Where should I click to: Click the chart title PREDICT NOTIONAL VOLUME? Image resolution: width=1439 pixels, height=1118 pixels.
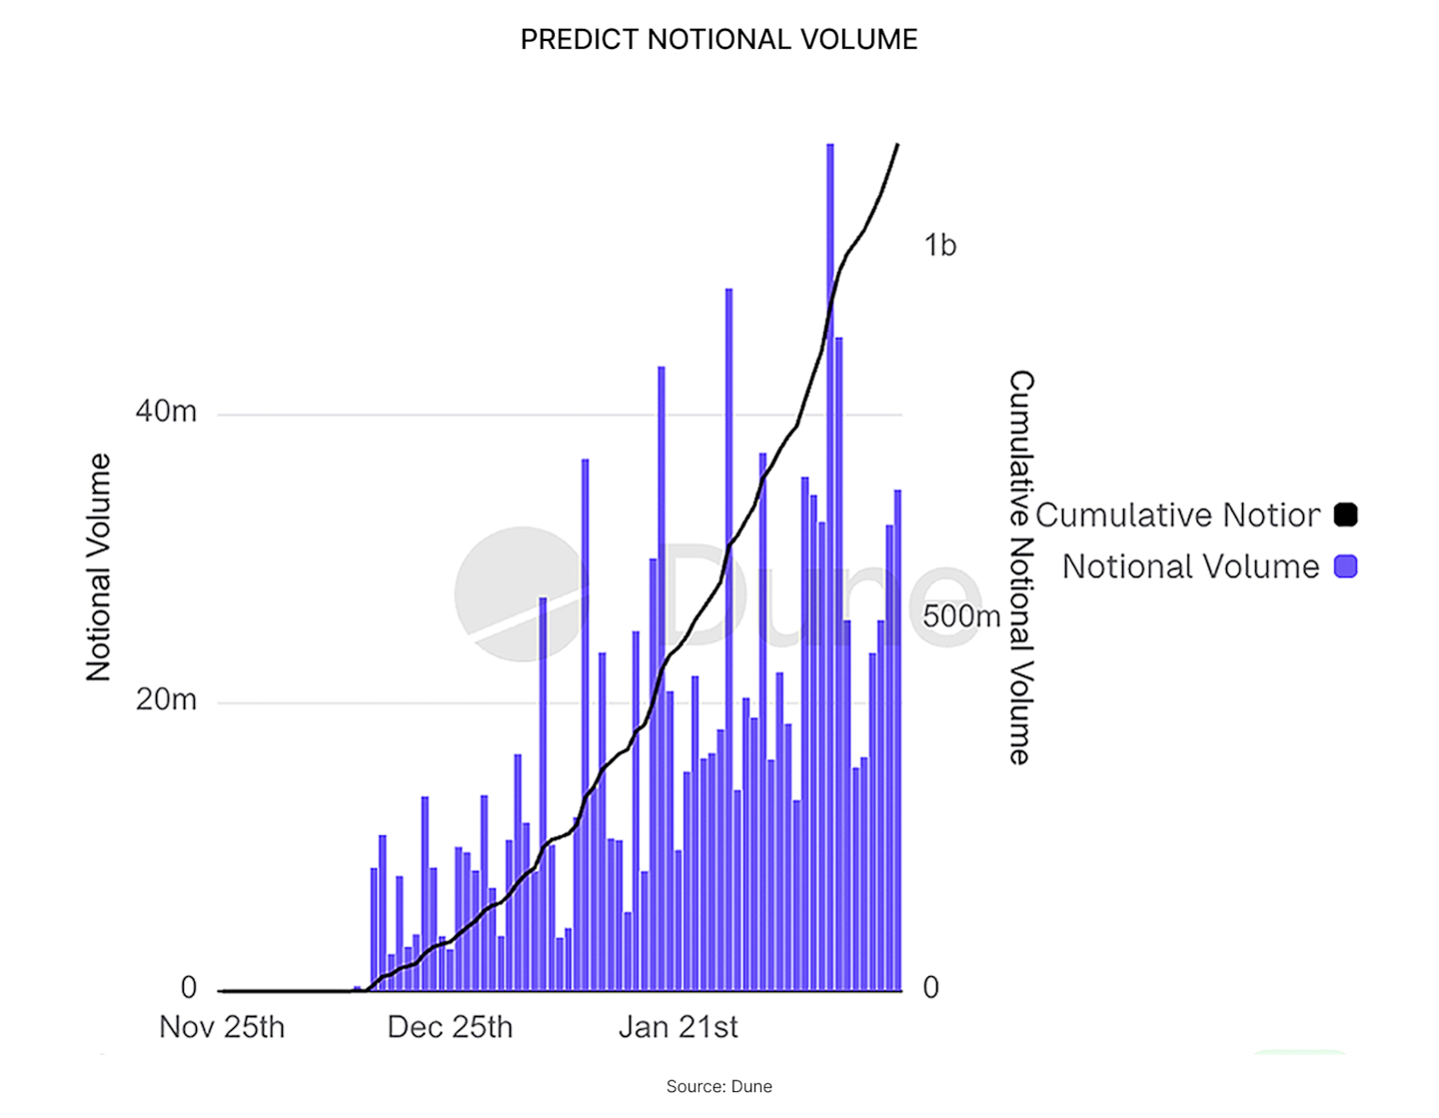tap(719, 39)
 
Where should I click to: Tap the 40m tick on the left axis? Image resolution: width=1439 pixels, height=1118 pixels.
tap(166, 412)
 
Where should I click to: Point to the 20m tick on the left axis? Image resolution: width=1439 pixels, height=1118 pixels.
tap(166, 700)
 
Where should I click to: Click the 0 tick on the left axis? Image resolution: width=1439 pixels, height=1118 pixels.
tap(188, 988)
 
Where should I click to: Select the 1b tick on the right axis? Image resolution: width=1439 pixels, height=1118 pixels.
tap(939, 245)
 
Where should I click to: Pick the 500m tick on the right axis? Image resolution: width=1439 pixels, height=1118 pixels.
tap(960, 616)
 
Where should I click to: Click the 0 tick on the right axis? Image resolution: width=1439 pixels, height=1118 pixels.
tap(930, 988)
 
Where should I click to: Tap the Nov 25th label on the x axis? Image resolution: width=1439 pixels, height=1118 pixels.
tap(222, 1027)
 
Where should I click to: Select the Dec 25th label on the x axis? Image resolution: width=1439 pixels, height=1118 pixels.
tap(450, 1027)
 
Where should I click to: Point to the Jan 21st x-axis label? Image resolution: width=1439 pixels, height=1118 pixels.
tap(679, 1027)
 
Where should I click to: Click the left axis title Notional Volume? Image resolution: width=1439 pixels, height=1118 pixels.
tap(98, 567)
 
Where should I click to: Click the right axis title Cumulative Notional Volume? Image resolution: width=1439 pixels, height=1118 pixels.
tap(1020, 567)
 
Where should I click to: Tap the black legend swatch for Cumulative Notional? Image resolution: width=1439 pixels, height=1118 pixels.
tap(1345, 516)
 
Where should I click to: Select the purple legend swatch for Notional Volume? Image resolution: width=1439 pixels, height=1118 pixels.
tap(1345, 567)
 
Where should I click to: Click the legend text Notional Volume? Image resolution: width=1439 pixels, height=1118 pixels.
tap(1190, 567)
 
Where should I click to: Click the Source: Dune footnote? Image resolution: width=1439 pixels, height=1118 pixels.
tap(719, 1086)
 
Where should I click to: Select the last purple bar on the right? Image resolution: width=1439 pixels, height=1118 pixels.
tap(897, 739)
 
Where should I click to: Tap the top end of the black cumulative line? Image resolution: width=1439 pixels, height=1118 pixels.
tap(896, 146)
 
